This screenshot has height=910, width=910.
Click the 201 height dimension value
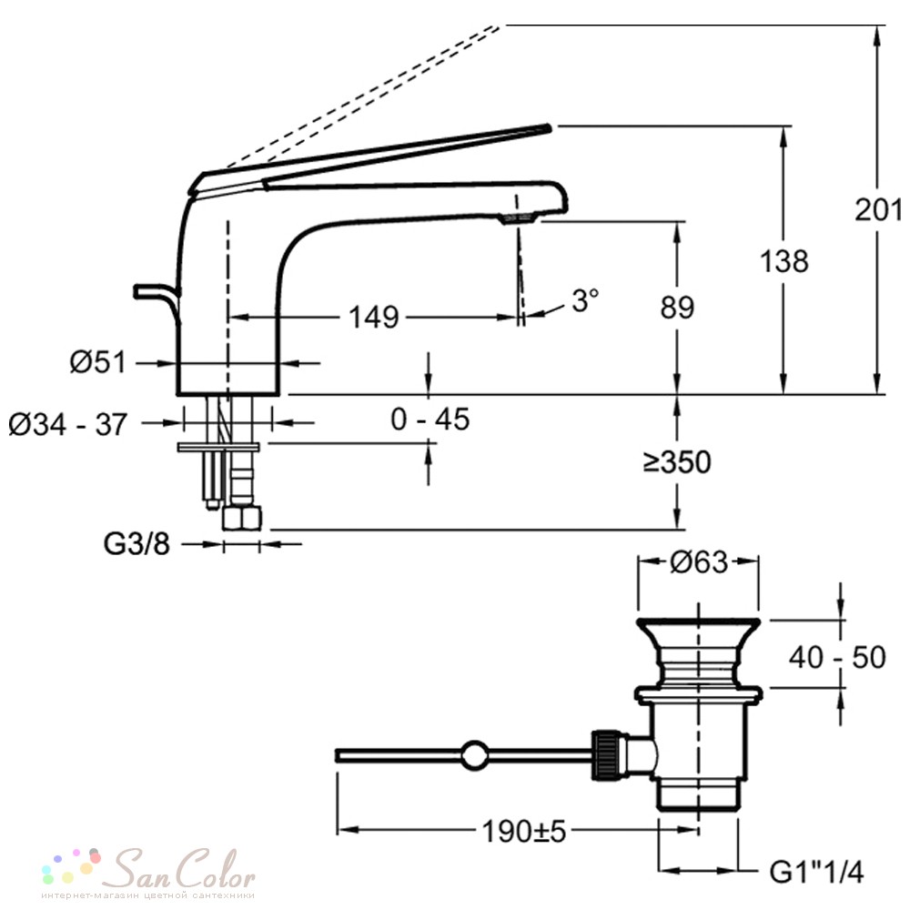coord(878,209)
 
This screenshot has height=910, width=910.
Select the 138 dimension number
coord(784,261)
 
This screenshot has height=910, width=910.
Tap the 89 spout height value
coord(677,307)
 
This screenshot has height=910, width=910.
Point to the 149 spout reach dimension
coord(374,318)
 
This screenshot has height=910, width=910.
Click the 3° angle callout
coord(585,300)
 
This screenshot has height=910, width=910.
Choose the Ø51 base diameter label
coord(97,363)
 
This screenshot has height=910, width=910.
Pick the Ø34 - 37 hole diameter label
coord(68,424)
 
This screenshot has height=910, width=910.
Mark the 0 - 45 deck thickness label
coord(430,419)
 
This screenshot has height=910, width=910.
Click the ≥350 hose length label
coord(677,462)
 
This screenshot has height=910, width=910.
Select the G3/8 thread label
coord(136,544)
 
